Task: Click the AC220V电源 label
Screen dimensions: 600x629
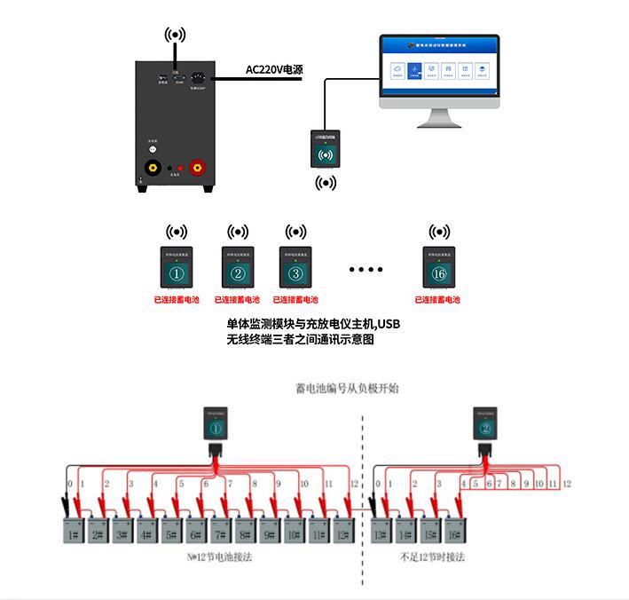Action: [x=274, y=70]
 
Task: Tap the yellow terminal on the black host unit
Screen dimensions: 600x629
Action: [x=153, y=166]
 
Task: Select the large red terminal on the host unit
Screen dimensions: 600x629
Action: [x=198, y=166]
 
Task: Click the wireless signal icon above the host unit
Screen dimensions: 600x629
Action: [x=176, y=36]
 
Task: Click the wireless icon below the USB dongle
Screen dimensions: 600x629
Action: [x=326, y=184]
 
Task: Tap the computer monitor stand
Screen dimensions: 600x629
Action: [x=439, y=116]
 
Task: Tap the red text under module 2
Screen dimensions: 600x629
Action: [x=237, y=300]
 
